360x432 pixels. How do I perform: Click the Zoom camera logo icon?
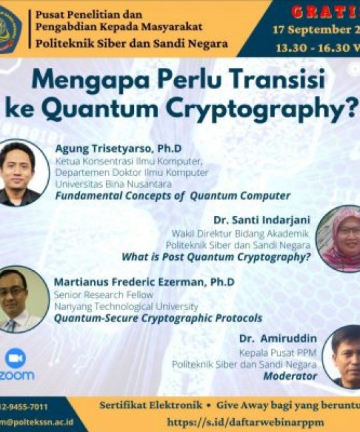pos(15,358)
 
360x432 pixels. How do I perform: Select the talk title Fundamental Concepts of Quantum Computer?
pos(173,196)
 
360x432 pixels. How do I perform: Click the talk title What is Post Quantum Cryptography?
pos(216,255)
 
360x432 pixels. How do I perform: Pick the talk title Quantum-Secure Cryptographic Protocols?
pos(158,318)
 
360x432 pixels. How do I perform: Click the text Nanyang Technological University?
pos(126,306)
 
